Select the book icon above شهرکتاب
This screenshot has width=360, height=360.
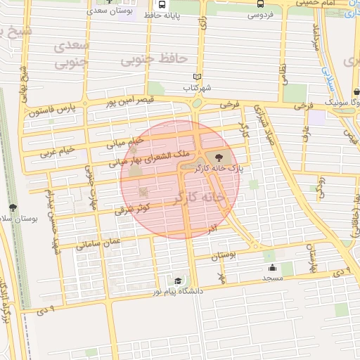click(x=197, y=77)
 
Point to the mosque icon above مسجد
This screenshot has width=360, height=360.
click(x=272, y=267)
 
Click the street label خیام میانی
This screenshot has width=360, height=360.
click(x=124, y=143)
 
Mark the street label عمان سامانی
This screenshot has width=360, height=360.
click(x=99, y=243)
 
